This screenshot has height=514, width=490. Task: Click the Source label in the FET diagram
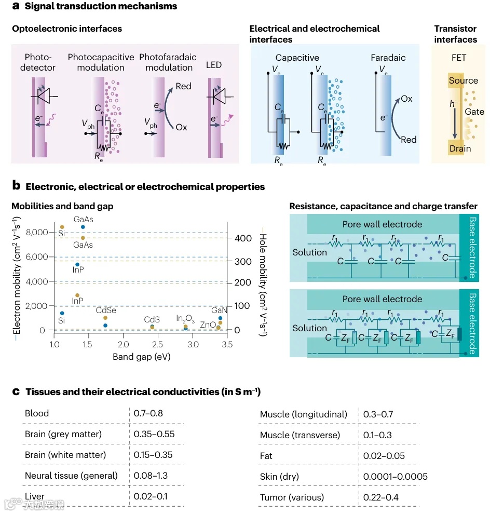click(464, 80)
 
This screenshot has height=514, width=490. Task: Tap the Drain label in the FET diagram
click(460, 148)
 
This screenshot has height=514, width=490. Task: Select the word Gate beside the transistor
click(474, 112)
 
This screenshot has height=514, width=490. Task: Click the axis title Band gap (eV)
click(141, 357)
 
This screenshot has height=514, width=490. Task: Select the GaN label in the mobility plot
click(219, 310)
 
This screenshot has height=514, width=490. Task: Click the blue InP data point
click(77, 265)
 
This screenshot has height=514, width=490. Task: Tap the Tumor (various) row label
click(292, 497)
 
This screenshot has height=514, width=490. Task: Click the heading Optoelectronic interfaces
click(67, 28)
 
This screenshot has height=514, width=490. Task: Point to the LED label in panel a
click(213, 65)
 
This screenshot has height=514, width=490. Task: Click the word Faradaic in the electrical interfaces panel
click(388, 58)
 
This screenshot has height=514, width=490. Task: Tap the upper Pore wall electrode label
click(382, 224)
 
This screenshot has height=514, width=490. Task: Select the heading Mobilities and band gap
click(62, 206)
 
